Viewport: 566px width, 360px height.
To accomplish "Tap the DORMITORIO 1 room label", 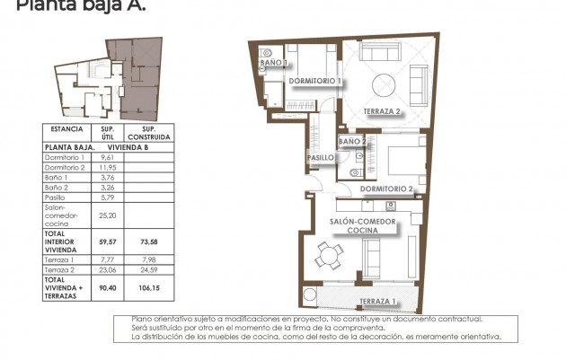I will tap(314, 81).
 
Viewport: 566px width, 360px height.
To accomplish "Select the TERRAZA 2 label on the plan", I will tap(383, 111).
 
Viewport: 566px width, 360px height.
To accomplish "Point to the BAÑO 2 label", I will tap(352, 142).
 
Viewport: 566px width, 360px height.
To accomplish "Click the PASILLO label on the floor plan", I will tap(321, 158).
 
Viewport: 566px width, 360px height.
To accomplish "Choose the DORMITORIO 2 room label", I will tap(386, 189).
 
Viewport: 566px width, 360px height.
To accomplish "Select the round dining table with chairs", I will tap(329, 257).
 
